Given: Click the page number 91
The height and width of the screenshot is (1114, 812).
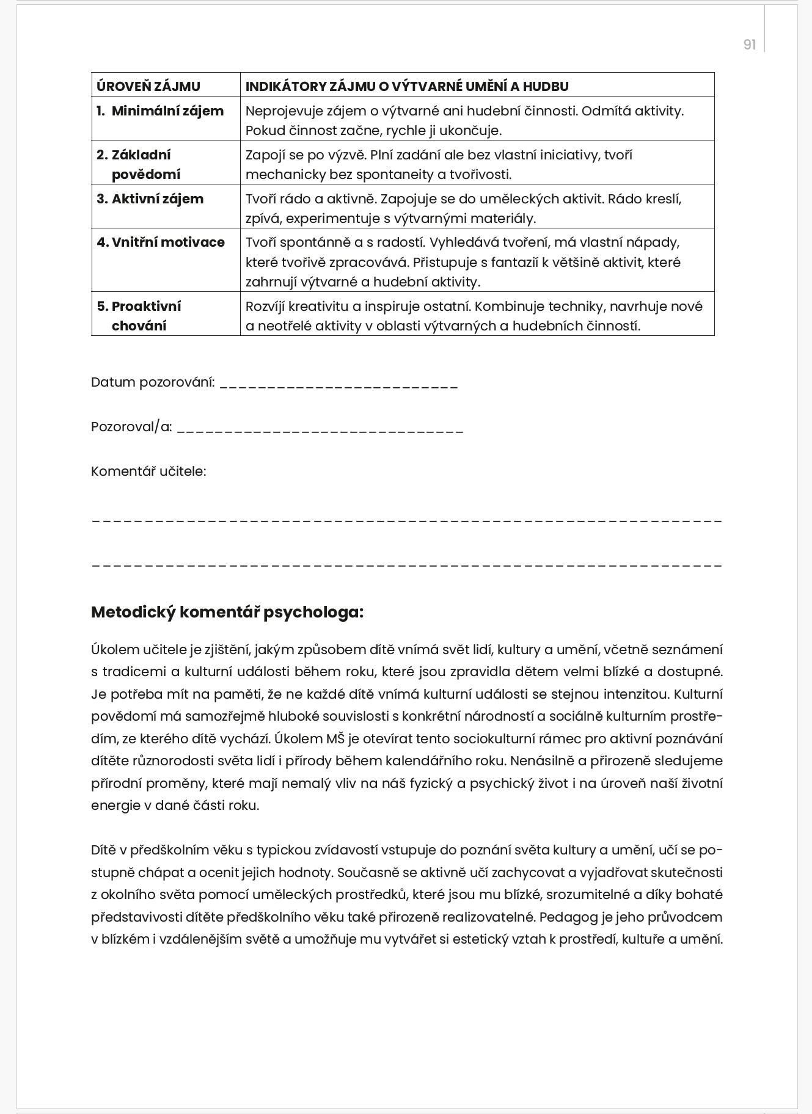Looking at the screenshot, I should coord(749,45).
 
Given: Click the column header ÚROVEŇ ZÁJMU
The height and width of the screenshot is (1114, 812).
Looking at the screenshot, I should coord(148,86).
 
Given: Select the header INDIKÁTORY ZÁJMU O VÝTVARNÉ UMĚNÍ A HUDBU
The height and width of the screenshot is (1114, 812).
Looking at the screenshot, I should coord(406,86).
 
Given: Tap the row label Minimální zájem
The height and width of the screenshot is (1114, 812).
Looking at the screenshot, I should coord(167,111).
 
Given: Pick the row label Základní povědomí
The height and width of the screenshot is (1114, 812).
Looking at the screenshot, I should coord(145,164).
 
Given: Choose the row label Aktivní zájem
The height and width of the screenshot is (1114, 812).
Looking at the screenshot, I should coord(157,198).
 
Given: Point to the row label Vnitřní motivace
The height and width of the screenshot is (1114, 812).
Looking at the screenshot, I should coord(167,242).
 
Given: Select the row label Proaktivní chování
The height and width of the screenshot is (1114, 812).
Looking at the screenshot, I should coord(145,316).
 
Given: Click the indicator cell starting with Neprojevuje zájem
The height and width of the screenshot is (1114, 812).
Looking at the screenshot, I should coord(464,120).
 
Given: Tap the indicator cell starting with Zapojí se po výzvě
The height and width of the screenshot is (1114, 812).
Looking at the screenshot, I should coord(439,164).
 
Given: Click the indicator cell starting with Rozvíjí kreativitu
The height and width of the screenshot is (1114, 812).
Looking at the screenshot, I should coord(474,316).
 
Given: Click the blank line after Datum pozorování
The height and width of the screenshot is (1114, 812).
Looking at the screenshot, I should coord(338,385).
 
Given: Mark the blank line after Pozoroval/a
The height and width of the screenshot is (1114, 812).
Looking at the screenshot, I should coord(320,429).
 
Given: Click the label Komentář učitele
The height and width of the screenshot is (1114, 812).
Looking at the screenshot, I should coord(148,471).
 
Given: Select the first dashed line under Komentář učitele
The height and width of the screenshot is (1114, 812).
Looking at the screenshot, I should coord(406,521).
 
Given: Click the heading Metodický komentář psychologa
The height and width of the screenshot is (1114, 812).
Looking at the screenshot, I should coord(227,612).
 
